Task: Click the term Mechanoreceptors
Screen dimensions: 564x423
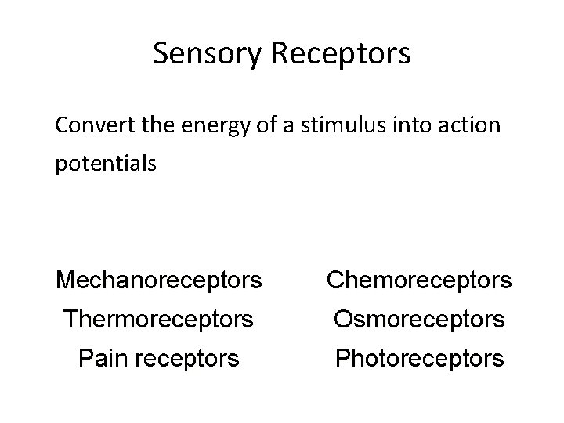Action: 159,279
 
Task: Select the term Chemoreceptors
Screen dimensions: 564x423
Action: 419,279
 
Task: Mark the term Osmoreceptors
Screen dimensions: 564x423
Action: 419,319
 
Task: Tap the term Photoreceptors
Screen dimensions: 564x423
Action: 419,359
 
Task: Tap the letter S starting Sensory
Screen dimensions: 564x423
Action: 161,53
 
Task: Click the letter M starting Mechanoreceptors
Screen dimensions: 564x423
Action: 64,279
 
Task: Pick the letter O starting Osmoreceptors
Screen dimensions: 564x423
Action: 345,319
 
